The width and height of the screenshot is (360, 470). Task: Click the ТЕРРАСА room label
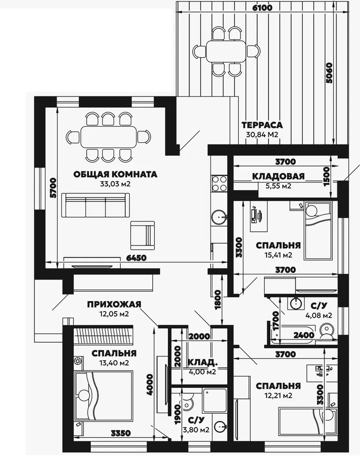pos(262,125)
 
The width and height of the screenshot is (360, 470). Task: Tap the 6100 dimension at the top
pos(262,8)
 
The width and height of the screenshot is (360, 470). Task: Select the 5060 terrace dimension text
pos(329,73)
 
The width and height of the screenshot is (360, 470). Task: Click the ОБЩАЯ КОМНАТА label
pos(115,174)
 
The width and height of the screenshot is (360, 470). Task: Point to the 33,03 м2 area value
pos(115,184)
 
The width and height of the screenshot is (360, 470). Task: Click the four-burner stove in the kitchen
pos(219,183)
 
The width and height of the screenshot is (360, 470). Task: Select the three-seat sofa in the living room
pos(96,205)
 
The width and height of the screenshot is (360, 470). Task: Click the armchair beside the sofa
pos(142,235)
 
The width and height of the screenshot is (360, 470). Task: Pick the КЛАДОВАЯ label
pos(278,176)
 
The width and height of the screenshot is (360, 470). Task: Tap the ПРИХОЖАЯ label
pos(114,304)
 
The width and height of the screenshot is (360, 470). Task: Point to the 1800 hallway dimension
pos(218,300)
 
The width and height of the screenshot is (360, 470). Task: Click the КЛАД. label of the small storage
pos(202,363)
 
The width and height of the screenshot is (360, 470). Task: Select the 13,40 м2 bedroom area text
pos(114,363)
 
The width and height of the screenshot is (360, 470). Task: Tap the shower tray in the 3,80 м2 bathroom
pos(215,401)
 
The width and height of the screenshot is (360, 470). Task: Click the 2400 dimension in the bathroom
pos(304,335)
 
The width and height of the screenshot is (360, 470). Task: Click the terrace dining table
pos(226,51)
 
